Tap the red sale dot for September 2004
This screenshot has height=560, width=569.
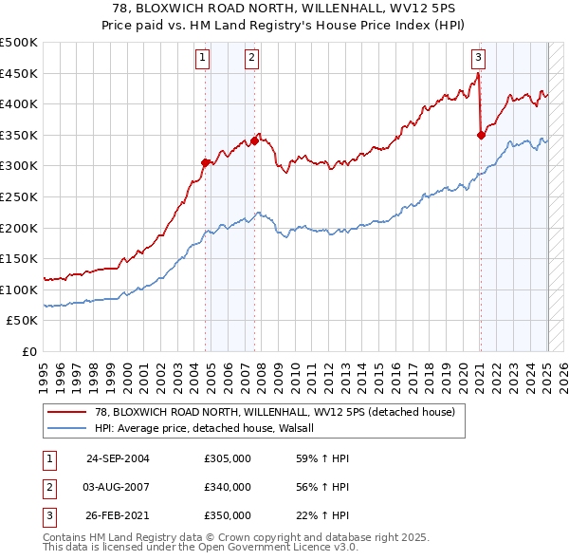click(206, 162)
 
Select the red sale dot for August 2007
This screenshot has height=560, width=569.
click(254, 141)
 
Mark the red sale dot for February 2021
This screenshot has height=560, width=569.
click(481, 135)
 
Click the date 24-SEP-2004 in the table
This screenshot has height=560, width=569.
click(118, 458)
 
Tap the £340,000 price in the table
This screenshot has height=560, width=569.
click(228, 487)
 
